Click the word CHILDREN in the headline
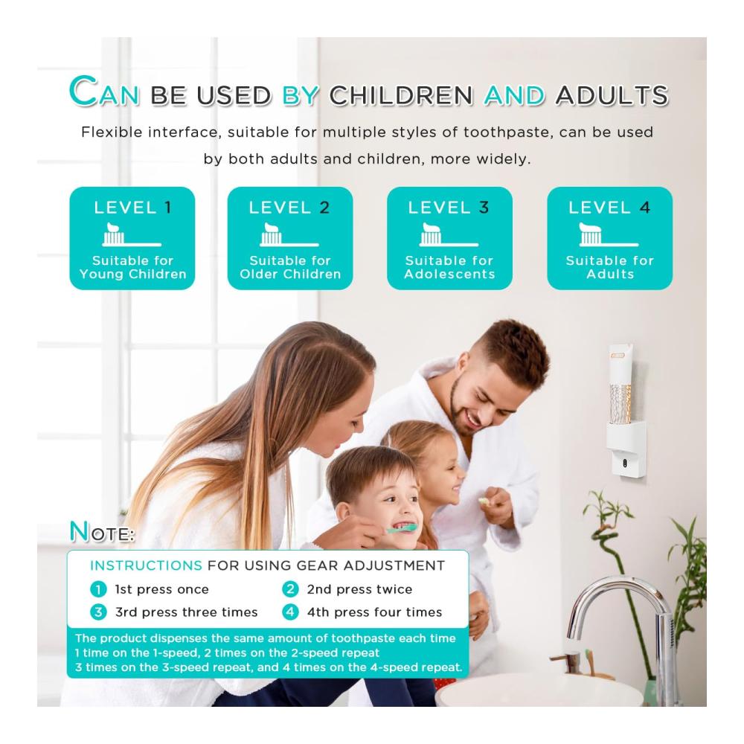pos(401,95)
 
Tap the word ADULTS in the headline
pos(612,95)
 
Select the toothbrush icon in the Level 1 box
pos(132,234)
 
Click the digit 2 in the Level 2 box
pos(324,208)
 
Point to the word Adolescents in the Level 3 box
pos(449,274)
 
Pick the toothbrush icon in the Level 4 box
pos(609,234)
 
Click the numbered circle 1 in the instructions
pos(98,589)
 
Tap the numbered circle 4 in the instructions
pos(290,612)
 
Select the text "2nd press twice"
pos(359,589)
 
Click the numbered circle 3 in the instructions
pos(98,612)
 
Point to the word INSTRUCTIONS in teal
pos(146,565)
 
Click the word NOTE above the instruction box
pos(101,531)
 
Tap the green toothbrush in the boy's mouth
pos(401,528)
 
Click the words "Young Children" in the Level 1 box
pos(133,274)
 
